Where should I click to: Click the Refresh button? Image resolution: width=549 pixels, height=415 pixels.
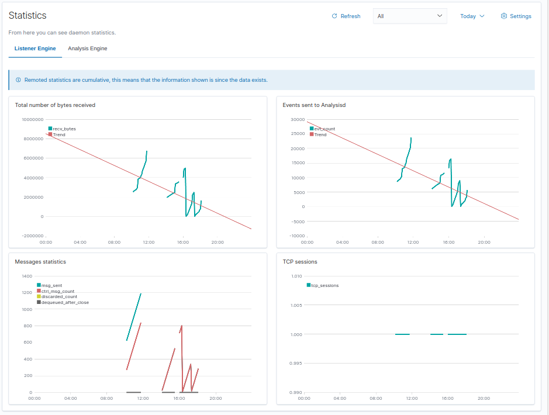tap(346, 16)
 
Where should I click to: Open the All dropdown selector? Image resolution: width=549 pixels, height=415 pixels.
tap(409, 16)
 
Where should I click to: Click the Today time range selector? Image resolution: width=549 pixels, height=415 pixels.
tap(472, 16)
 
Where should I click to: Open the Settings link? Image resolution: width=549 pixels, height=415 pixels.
tap(516, 16)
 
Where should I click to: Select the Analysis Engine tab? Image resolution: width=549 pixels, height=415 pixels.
tap(87, 49)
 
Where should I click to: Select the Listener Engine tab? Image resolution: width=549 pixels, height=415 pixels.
tap(35, 49)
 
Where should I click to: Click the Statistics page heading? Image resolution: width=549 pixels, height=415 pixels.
tap(27, 16)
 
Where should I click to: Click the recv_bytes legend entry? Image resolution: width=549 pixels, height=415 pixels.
tap(64, 129)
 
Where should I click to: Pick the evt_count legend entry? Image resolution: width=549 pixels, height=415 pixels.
tap(324, 129)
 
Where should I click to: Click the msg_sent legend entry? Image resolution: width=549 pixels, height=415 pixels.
tap(51, 285)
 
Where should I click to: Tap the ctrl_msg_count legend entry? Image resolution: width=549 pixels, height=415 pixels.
tap(57, 291)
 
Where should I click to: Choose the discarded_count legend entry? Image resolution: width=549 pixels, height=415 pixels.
tap(58, 297)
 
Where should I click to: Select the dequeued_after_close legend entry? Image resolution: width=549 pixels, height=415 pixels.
tap(64, 303)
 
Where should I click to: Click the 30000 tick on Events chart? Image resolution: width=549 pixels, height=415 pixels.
tap(298, 119)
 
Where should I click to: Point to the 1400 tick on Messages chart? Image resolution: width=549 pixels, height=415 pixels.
tap(27, 276)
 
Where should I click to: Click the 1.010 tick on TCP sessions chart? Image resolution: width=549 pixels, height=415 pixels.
tap(296, 276)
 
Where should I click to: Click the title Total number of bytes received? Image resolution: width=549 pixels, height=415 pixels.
tap(55, 105)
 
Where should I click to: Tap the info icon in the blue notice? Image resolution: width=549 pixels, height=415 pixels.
tap(18, 80)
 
